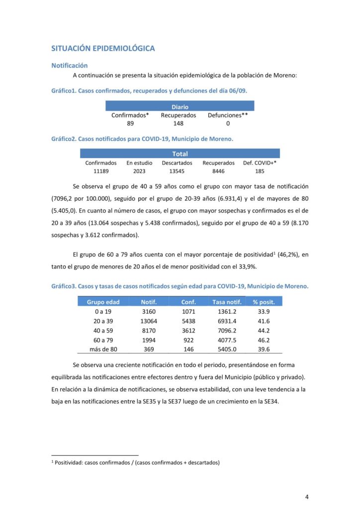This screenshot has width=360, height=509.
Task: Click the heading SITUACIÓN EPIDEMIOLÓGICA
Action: click(x=103, y=48)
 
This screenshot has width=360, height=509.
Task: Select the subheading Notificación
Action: click(x=70, y=65)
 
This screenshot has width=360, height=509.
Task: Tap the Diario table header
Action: click(x=180, y=107)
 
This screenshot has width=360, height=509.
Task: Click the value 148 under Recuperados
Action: click(x=179, y=124)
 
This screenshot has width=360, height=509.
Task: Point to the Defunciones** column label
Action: click(x=228, y=115)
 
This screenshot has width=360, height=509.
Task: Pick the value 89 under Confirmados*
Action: click(x=130, y=124)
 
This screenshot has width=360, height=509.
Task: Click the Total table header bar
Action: click(x=180, y=154)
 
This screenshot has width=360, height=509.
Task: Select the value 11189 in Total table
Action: click(x=101, y=171)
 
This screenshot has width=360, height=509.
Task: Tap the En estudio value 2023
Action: click(x=140, y=171)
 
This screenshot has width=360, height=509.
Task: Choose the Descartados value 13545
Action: click(x=177, y=171)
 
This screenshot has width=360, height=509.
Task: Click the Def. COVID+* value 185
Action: click(x=260, y=171)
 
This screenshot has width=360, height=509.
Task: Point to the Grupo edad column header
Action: click(x=103, y=302)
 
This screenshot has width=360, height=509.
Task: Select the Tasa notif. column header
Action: click(x=227, y=302)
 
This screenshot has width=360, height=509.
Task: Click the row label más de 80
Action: click(x=103, y=349)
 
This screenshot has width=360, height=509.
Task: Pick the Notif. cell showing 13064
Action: click(x=149, y=321)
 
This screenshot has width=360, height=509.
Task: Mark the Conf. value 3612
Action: click(x=188, y=331)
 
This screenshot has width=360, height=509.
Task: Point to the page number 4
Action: click(x=307, y=496)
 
